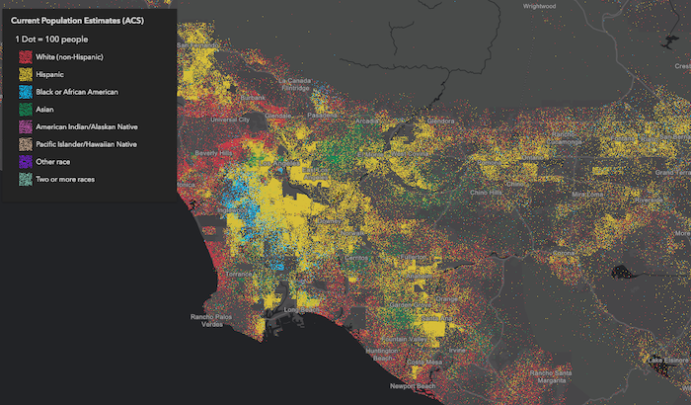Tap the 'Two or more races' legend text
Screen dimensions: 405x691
pyautogui.click(x=65, y=180)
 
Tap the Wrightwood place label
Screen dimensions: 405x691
pyautogui.click(x=540, y=6)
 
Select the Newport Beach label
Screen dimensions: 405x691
pyautogui.click(x=410, y=385)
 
